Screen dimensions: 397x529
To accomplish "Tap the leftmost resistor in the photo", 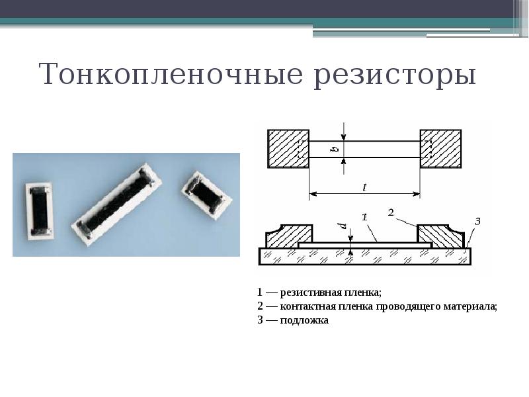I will click(40, 208).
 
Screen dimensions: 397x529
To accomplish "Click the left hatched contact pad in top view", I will click(288, 149).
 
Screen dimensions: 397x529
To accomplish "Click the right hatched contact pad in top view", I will click(441, 149).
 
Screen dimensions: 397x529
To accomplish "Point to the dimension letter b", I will click(335, 148).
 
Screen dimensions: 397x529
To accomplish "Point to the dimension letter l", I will click(364, 187).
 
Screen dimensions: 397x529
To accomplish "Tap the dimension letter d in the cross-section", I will click(343, 227).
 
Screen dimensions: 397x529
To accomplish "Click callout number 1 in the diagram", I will click(364, 217).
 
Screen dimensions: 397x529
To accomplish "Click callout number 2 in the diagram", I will click(391, 212).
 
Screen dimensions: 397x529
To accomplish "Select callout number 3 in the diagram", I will click(477, 220).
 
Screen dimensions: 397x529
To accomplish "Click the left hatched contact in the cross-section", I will click(289, 236).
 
